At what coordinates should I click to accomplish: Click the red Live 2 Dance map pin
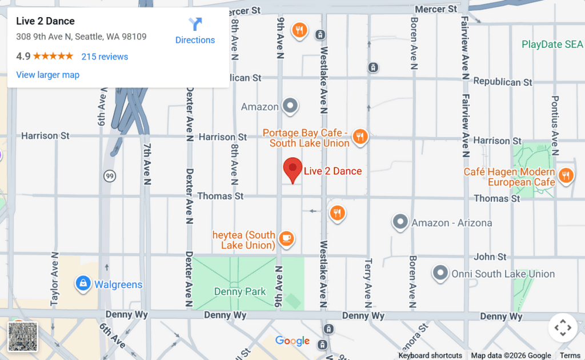pyautogui.click(x=292, y=169)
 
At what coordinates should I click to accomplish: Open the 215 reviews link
pyautogui.click(x=105, y=57)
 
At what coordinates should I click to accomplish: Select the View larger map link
pyautogui.click(x=48, y=75)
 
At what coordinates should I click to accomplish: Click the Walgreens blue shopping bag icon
pyautogui.click(x=83, y=283)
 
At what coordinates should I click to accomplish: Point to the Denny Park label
pyautogui.click(x=240, y=291)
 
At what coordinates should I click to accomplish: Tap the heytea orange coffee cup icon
pyautogui.click(x=287, y=238)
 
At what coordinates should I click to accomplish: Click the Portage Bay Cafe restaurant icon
pyautogui.click(x=359, y=136)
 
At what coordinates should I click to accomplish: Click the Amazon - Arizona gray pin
pyautogui.click(x=400, y=222)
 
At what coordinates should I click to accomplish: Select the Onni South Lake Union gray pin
pyautogui.click(x=440, y=273)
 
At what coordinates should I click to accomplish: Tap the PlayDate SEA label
pyautogui.click(x=552, y=45)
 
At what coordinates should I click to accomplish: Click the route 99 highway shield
pyautogui.click(x=110, y=177)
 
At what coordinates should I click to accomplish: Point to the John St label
pyautogui.click(x=490, y=257)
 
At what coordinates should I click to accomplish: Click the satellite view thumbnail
pyautogui.click(x=23, y=337)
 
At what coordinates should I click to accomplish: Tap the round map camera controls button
pyautogui.click(x=563, y=328)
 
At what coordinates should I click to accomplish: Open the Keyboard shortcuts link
pyautogui.click(x=430, y=355)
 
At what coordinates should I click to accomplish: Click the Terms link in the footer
pyautogui.click(x=570, y=355)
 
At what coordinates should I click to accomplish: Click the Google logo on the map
pyautogui.click(x=292, y=341)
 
